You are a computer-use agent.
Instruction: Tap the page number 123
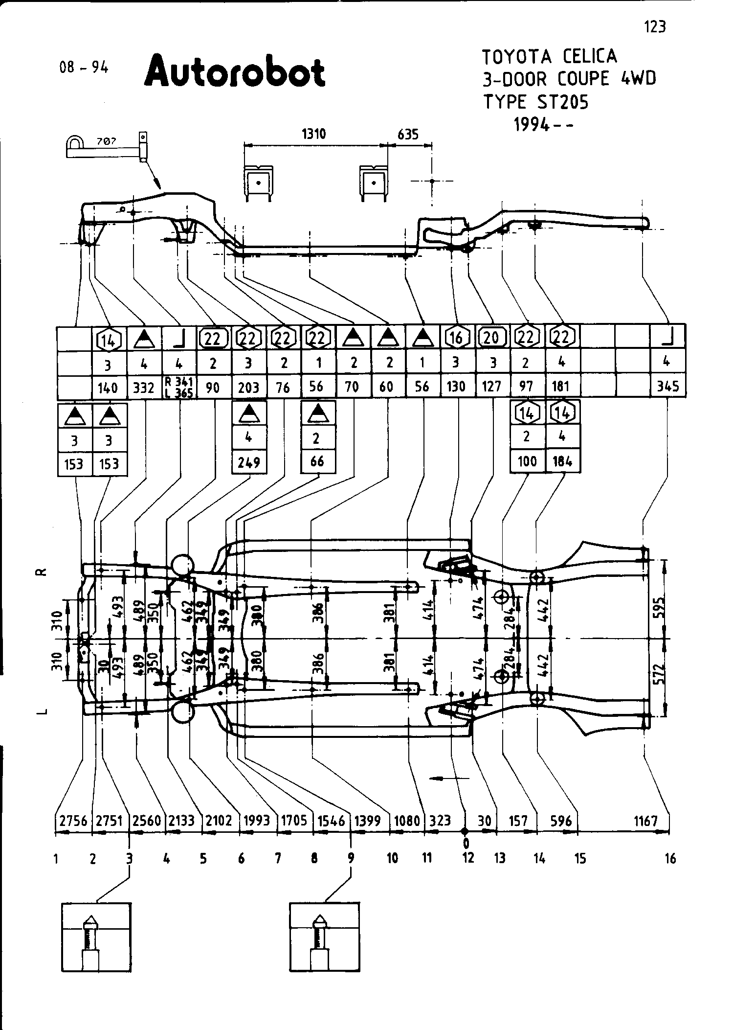tap(655, 26)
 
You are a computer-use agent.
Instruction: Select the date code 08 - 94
tap(84, 67)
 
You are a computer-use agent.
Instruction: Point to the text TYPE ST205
tap(536, 102)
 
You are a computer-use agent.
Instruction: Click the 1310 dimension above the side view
tap(313, 134)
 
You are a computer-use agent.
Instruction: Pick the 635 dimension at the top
tap(408, 134)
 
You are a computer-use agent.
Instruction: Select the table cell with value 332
tap(144, 388)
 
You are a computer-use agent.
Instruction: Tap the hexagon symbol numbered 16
tap(456, 338)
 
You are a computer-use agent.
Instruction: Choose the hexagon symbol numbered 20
tap(491, 338)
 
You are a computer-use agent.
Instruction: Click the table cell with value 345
tap(667, 387)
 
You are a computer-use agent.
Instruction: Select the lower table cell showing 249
tap(249, 462)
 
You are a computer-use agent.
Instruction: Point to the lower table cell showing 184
tap(562, 461)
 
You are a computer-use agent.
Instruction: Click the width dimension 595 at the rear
tap(661, 608)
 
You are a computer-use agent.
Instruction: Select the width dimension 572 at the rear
tap(661, 674)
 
